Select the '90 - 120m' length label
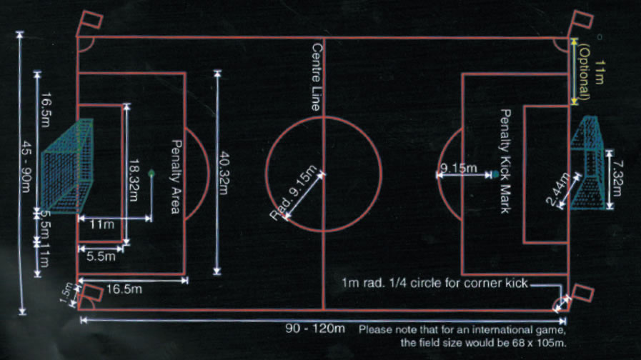[314, 329]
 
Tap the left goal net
[68, 169]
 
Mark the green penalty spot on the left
[151, 173]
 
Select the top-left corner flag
[88, 21]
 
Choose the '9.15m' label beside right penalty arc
[454, 168]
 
